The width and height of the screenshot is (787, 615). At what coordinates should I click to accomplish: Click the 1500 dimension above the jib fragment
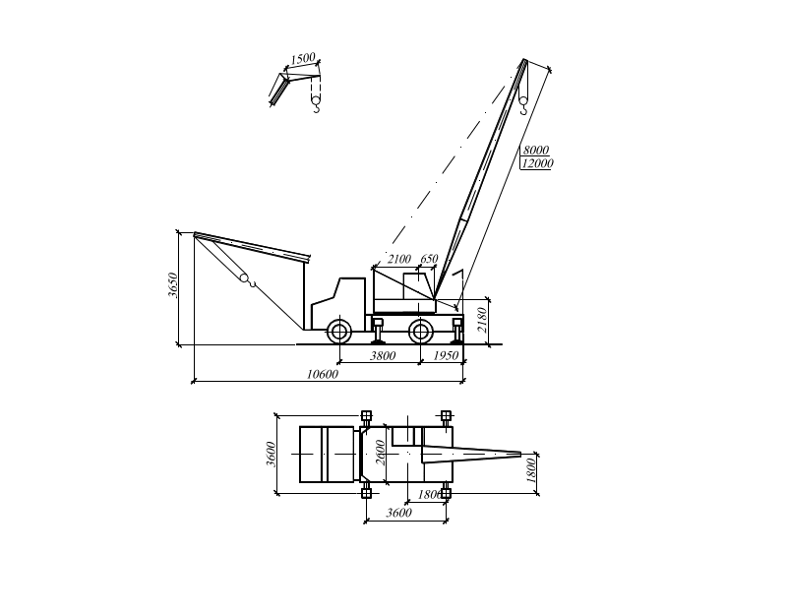tap(303, 60)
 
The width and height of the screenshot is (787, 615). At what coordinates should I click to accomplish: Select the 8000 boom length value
tap(537, 149)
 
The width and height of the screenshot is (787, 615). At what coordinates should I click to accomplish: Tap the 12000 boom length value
tap(537, 163)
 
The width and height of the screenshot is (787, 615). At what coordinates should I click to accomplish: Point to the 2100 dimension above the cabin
tap(398, 259)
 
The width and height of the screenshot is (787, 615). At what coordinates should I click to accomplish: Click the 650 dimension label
tap(430, 259)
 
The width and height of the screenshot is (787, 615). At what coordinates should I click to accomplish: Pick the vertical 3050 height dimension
tap(174, 286)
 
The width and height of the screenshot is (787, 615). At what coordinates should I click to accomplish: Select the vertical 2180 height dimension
tap(481, 320)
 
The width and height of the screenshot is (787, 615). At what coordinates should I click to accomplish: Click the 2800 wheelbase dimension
tap(383, 355)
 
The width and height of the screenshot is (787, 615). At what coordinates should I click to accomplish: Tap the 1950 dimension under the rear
tap(447, 355)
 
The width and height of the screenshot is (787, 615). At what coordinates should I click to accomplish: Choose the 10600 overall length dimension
tap(322, 374)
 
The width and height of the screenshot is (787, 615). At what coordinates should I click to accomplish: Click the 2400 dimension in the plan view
tap(271, 454)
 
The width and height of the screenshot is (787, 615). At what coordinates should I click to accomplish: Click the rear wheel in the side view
tap(421, 331)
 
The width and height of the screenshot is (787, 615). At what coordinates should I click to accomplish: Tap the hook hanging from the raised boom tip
tap(523, 97)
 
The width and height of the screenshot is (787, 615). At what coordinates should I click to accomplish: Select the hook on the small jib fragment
tap(316, 102)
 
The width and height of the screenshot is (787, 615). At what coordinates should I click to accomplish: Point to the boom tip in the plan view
tap(517, 453)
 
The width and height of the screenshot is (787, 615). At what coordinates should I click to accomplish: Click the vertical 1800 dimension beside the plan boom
tap(531, 469)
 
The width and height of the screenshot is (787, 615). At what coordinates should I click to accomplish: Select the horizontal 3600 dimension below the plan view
tap(398, 513)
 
